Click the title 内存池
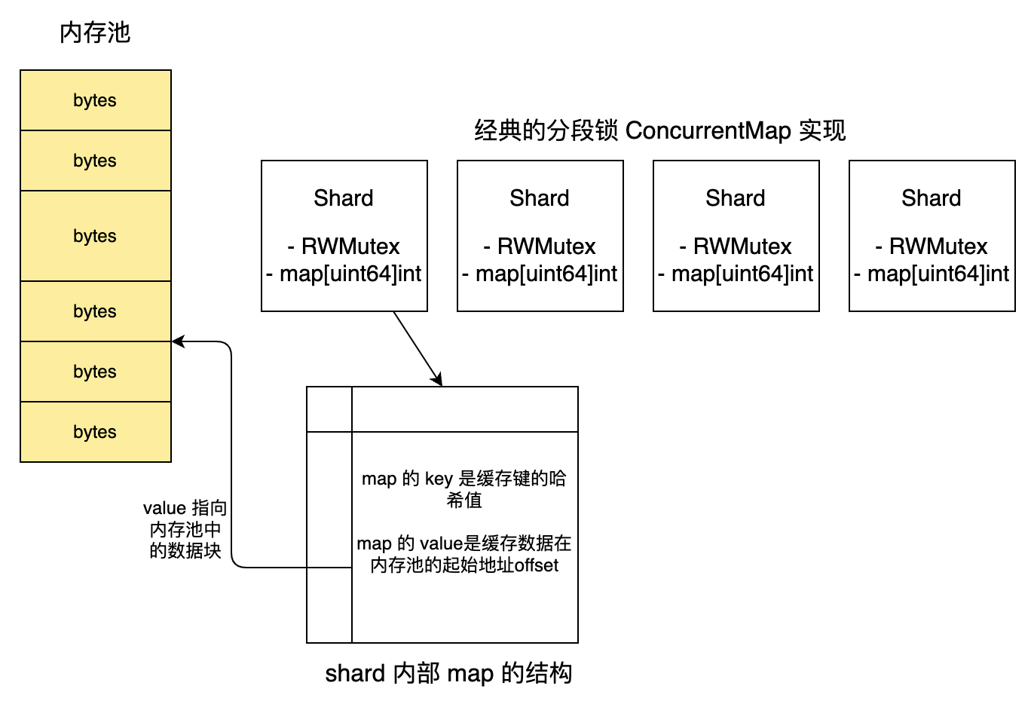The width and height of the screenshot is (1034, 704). pos(95,33)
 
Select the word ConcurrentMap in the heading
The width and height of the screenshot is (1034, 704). pos(708,130)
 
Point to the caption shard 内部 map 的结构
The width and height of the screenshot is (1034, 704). pos(448,673)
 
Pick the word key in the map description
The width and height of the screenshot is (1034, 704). pos(439,479)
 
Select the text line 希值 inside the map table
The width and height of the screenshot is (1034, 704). pos(464,500)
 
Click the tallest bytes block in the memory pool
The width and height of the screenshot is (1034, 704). pos(96,236)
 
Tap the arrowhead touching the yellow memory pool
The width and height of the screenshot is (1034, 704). pos(178,341)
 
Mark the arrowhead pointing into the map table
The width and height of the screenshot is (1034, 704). pos(438,381)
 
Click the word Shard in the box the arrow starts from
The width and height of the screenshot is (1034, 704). pos(344,198)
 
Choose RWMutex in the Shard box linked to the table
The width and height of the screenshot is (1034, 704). pos(350,246)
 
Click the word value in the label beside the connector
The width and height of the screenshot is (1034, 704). pos(164,508)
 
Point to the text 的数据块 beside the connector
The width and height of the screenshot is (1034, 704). pos(185,551)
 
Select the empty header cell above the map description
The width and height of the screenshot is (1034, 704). pos(465,409)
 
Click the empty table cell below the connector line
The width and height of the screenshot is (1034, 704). pos(329,605)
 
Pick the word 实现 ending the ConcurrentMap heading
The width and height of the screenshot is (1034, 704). pos(823,130)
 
